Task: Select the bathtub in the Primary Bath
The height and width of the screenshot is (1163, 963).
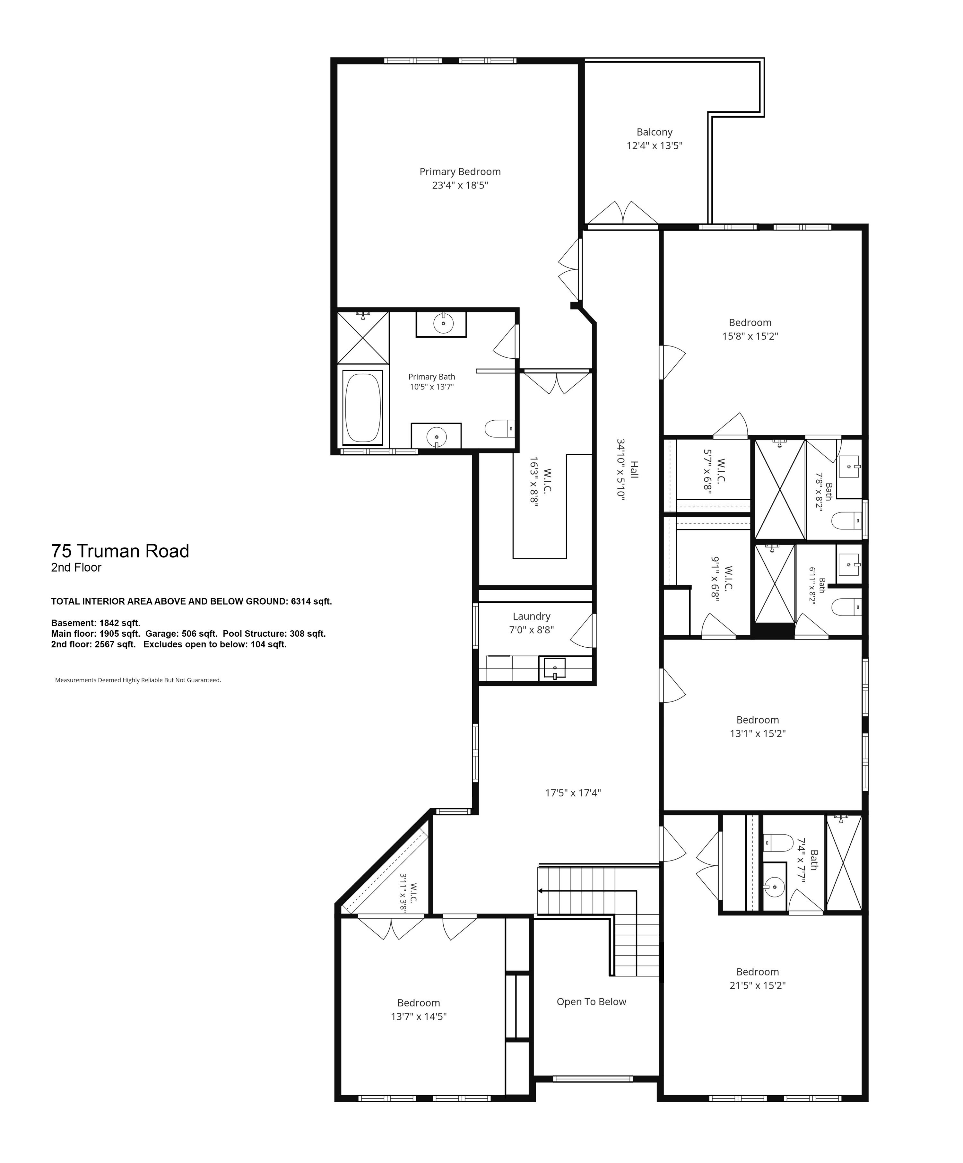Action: (x=363, y=407)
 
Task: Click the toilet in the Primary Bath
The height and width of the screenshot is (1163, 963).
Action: (x=499, y=428)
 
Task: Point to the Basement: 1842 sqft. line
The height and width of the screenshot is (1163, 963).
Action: (x=96, y=623)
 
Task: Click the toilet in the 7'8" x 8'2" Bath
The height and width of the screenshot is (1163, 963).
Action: (x=847, y=520)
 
